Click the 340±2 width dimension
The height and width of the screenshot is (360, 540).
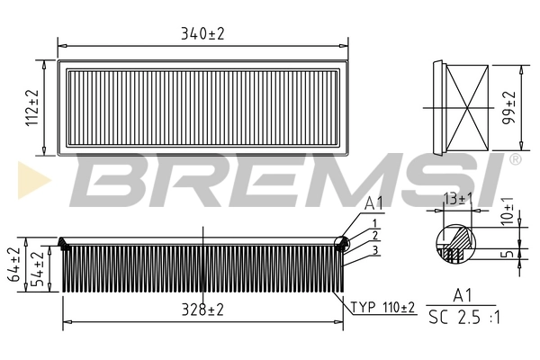[x=202, y=33]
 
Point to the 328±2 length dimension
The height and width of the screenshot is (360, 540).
[x=202, y=310]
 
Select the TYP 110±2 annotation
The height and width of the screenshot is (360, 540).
[x=382, y=308]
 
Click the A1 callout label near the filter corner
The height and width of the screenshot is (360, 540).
[x=374, y=205]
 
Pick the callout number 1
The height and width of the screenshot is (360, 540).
[x=373, y=222]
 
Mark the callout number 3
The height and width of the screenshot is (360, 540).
[x=373, y=249]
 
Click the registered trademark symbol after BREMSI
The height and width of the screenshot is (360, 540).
[x=515, y=159]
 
